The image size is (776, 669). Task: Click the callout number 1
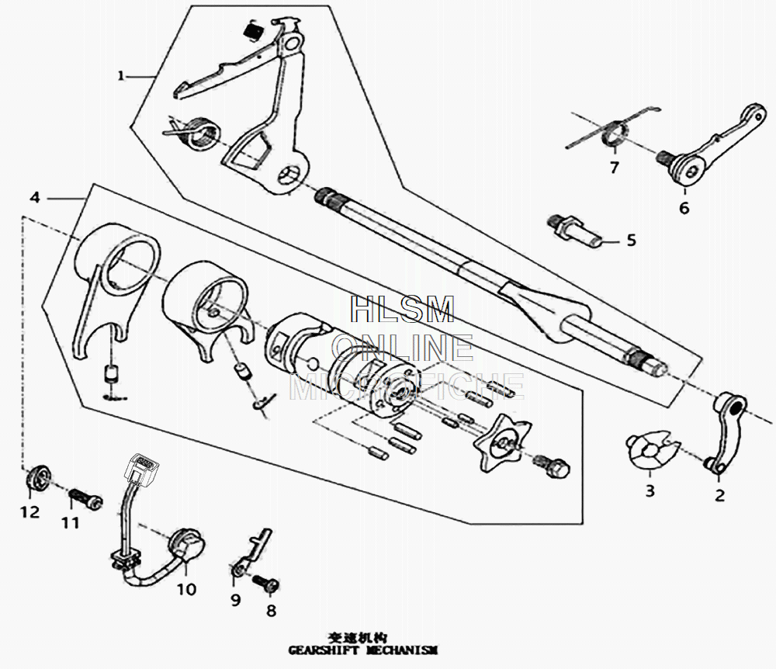pos(120,75)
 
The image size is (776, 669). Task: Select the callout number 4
pos(34,198)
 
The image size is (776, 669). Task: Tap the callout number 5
pos(631,241)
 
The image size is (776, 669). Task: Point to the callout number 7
pos(614,167)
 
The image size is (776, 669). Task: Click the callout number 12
pos(29,512)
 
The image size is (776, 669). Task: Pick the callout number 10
pos(186,589)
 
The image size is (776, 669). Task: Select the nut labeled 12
pos(37,480)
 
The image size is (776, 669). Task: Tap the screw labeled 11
pos(84,497)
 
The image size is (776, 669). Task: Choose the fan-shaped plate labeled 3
pos(650,452)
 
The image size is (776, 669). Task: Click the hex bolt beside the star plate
pos(553,467)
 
